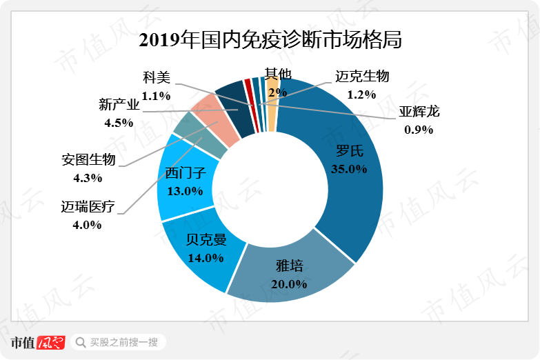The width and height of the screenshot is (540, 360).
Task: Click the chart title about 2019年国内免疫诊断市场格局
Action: tap(270, 39)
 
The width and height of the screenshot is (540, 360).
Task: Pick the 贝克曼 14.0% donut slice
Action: tap(200, 252)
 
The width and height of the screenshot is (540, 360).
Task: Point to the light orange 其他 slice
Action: tap(272, 103)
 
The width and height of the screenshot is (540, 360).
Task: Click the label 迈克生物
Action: tap(362, 77)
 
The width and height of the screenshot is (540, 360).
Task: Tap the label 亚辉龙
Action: tap(419, 112)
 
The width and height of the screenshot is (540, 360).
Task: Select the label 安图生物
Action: tap(89, 159)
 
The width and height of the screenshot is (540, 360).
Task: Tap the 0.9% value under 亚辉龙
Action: tap(419, 129)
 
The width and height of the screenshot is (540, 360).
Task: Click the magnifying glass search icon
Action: tap(81, 342)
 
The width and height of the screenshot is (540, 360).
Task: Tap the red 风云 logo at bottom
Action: tap(50, 342)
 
